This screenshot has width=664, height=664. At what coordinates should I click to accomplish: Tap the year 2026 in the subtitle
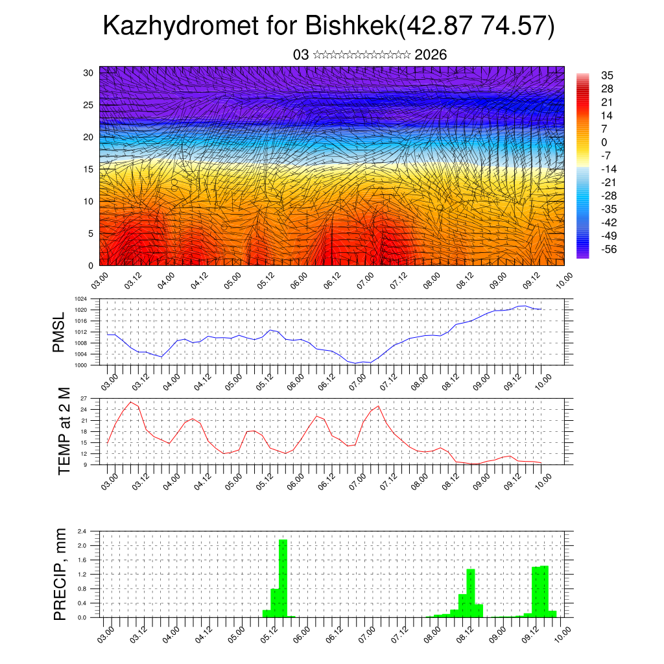(x=431, y=55)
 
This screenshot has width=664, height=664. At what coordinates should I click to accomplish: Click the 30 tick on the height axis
(x=88, y=73)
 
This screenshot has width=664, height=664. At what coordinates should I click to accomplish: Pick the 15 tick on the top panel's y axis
(x=88, y=169)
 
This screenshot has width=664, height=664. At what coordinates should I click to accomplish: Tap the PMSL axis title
(x=59, y=333)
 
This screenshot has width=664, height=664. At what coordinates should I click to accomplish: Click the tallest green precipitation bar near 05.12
(x=283, y=577)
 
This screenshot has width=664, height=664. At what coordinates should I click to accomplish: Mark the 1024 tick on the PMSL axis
(x=80, y=299)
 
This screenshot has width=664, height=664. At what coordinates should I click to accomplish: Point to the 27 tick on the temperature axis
(x=84, y=398)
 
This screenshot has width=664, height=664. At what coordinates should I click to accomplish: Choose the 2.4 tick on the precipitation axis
(x=82, y=532)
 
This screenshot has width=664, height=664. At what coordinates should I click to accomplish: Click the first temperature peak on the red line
(x=131, y=402)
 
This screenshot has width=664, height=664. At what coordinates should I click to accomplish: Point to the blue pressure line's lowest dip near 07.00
(x=356, y=364)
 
